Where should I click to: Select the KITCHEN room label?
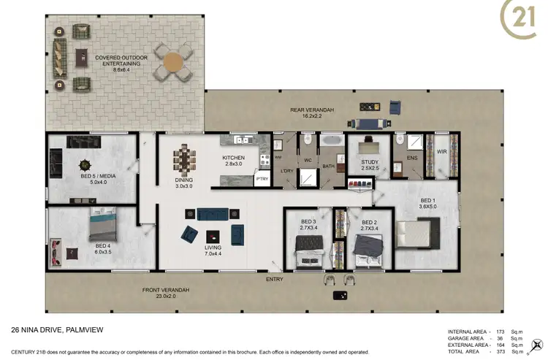point(233,158)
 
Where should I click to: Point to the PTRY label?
point(261,178)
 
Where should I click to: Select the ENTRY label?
point(275,279)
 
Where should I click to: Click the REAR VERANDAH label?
point(308,110)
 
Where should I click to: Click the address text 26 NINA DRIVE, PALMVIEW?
point(62,330)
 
